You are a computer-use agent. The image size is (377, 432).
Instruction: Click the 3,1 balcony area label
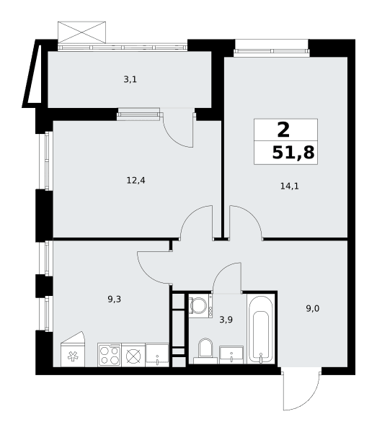point(130,80)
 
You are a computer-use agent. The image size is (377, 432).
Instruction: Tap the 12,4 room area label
point(136,181)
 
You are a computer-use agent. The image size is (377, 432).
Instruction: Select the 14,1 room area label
point(290,186)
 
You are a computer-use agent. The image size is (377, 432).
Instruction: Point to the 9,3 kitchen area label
point(115,300)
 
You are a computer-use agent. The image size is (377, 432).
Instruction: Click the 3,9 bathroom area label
point(226,320)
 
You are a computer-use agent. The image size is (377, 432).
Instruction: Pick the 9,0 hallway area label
point(313,309)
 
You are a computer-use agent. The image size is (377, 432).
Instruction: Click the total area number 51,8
point(293,153)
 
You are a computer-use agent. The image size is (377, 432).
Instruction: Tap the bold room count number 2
point(283,130)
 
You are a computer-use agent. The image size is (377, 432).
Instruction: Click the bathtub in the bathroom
point(261,329)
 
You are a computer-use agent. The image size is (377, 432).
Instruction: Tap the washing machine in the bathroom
point(200,306)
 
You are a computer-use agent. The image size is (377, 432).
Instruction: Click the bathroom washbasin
point(231,355)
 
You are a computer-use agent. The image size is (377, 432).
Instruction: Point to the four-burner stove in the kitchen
point(110,355)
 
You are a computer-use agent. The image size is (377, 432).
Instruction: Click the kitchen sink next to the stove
point(157,355)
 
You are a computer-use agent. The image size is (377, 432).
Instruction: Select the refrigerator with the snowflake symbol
point(73,349)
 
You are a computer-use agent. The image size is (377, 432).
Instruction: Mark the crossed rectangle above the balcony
point(81,32)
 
